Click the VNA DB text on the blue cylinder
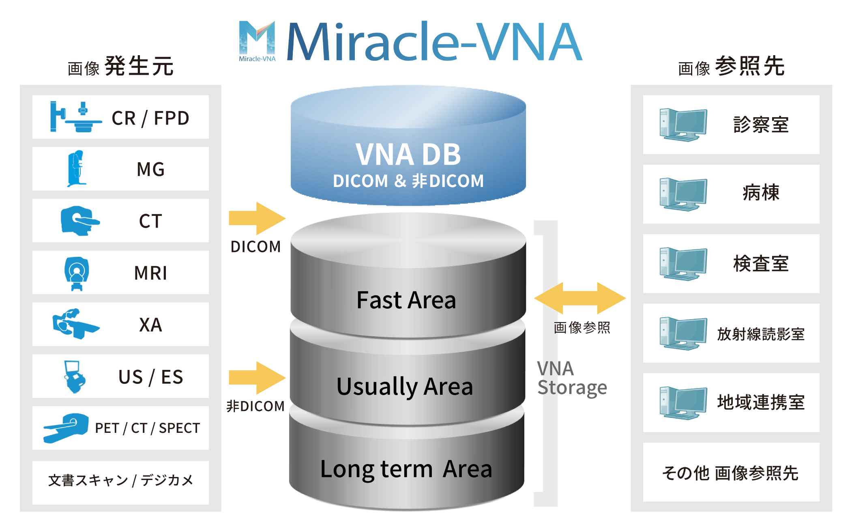(408, 155)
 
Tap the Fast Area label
(406, 300)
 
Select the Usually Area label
(405, 386)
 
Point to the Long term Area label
(406, 469)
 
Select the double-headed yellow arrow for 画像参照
(580, 298)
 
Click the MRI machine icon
(77, 273)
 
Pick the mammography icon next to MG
(76, 169)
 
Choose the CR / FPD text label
(150, 118)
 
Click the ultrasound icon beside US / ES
(74, 377)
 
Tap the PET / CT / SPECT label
(148, 428)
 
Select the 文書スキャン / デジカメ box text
(120, 480)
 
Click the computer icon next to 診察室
(683, 125)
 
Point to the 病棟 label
(761, 193)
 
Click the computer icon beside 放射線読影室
(683, 333)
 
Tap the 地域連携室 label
(761, 402)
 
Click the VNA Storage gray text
(572, 378)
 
